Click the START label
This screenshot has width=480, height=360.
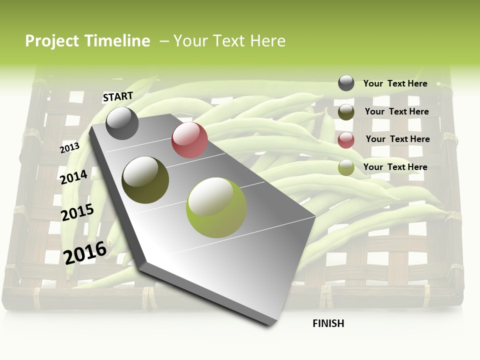[x=118, y=96]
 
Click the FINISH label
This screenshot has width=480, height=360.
[x=328, y=323]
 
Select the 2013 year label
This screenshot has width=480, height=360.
[x=70, y=147]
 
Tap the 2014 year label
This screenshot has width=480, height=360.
[x=74, y=177]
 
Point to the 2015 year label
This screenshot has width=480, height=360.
[x=77, y=212]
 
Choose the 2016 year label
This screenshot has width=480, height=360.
[x=85, y=252]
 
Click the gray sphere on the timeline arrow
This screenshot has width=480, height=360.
[x=122, y=123]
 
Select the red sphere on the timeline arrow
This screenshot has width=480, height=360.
[x=189, y=140]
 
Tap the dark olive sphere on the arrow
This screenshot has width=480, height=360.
[x=145, y=180]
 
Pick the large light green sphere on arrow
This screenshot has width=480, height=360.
[x=216, y=207]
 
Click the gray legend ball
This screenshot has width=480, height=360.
[x=346, y=83]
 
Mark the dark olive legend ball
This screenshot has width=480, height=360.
[x=346, y=112]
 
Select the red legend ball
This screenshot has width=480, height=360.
[x=346, y=140]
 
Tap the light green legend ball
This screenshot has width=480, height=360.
[x=346, y=168]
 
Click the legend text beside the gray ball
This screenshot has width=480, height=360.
[x=395, y=83]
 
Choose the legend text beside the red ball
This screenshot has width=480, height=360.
[x=397, y=139]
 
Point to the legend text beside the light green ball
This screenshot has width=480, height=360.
[x=395, y=167]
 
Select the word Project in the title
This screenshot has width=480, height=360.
[x=52, y=41]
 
